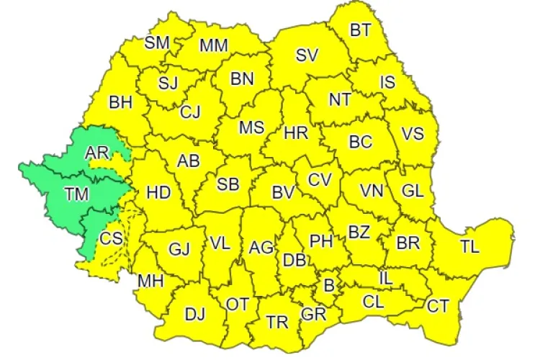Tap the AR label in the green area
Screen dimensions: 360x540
click(96, 153)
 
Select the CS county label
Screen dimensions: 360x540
click(111, 238)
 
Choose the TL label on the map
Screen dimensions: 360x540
click(469, 247)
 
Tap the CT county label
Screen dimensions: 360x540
click(438, 307)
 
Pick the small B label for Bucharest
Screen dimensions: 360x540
click(329, 286)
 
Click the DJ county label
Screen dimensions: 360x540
click(195, 315)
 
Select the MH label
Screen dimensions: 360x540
click(150, 279)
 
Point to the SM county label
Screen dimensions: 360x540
click(157, 42)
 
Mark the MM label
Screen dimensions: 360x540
click(214, 46)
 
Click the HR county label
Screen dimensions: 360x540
click(296, 133)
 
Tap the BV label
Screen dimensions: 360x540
click(283, 192)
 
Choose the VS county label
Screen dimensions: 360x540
click(413, 135)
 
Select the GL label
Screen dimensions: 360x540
click(413, 191)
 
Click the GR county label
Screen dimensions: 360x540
click(314, 315)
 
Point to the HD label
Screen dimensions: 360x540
click(158, 192)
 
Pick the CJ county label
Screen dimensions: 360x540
click(191, 112)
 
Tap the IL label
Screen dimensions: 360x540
click(387, 276)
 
